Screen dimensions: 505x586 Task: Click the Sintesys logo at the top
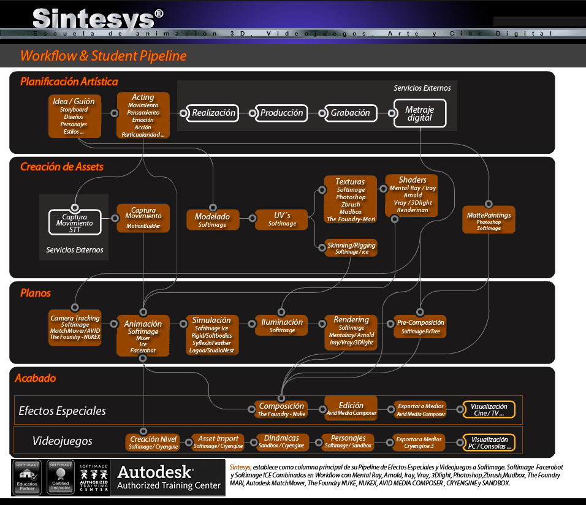coord(98,18)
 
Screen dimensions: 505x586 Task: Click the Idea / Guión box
coord(74,116)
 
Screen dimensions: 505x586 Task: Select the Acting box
coord(143,115)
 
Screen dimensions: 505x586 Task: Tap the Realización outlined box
coord(213,113)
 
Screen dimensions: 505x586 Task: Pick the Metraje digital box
coord(419,113)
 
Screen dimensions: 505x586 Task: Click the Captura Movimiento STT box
coord(75,223)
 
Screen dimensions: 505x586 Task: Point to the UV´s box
coord(282,219)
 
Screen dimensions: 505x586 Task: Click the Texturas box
coord(350,199)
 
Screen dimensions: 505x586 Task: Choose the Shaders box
coord(412,195)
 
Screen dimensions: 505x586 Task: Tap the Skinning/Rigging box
coord(351,248)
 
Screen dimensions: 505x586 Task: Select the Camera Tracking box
coord(75,327)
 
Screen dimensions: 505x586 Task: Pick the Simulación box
coord(211,335)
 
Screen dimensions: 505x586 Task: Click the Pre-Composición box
coord(420,326)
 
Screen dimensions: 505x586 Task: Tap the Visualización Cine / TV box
coord(489,409)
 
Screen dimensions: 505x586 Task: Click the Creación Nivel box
coord(153,442)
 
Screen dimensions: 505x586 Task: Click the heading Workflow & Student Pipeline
coord(103,56)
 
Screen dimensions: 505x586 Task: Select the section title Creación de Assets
coord(62,167)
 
